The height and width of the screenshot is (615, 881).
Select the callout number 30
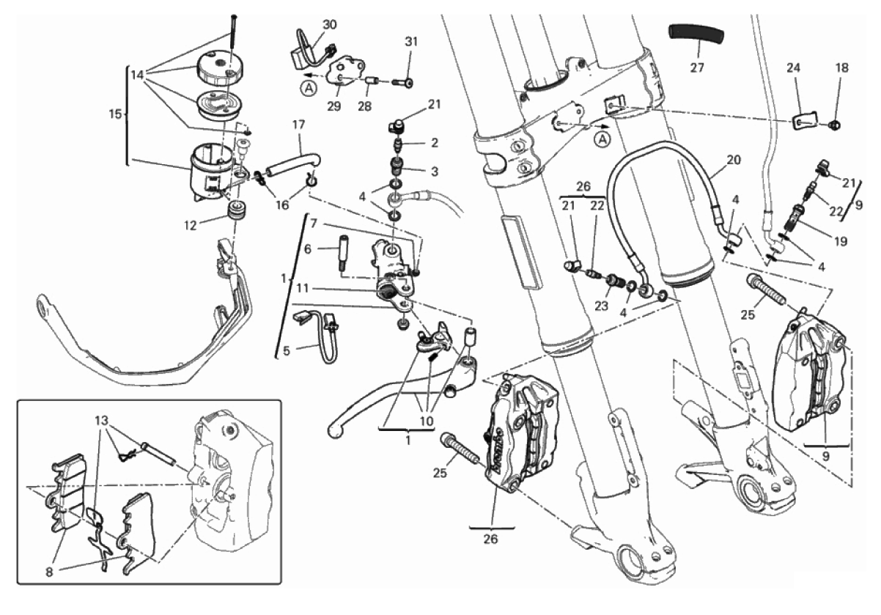coord(330,24)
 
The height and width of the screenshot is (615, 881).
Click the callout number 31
coord(410,42)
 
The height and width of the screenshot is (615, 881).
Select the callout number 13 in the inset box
coord(100,421)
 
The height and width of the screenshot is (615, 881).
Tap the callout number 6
coord(307,250)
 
